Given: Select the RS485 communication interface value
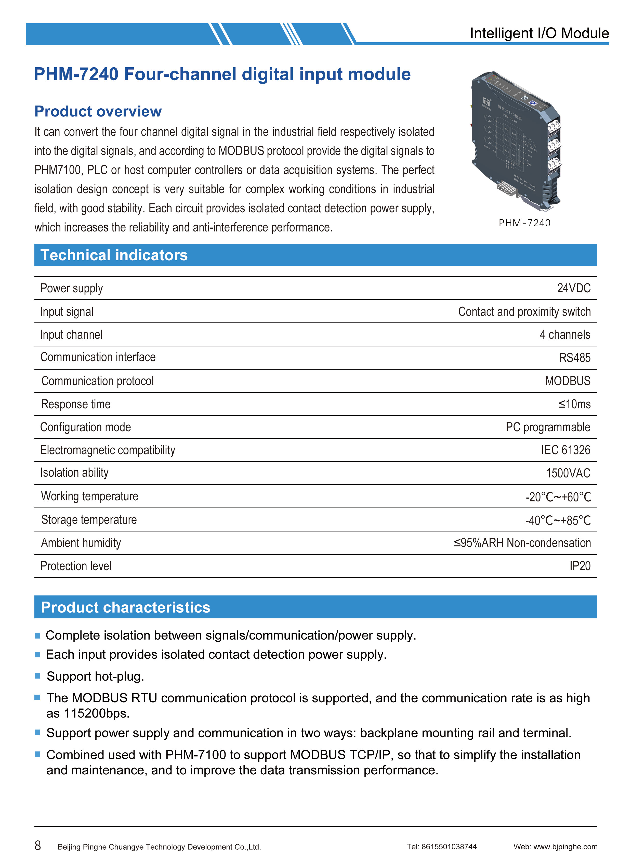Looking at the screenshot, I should (575, 358).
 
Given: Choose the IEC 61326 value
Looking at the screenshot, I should (565, 450).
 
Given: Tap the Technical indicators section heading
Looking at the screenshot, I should (114, 255).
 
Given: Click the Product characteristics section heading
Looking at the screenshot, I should (125, 607).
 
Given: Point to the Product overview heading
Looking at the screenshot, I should (98, 111).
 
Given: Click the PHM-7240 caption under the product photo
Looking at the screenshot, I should (524, 223).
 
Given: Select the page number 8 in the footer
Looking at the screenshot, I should (37, 845).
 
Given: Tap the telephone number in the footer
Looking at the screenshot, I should (449, 847).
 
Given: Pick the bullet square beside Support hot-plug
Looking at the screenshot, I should (37, 676).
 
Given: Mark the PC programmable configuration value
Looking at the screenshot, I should (548, 427).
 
